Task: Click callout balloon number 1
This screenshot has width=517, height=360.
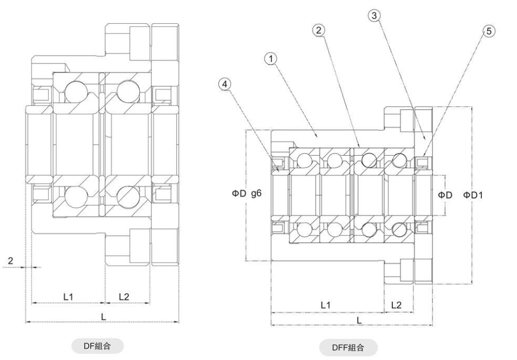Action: tap(271, 59)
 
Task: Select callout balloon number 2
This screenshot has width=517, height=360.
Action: tap(319, 30)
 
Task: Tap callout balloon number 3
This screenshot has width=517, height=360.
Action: tap(374, 15)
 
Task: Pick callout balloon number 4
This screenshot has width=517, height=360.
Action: tap(225, 84)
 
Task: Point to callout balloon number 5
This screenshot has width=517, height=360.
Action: tap(489, 31)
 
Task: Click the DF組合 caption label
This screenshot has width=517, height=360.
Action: tap(97, 346)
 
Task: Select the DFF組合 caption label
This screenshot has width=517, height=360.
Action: tap(348, 347)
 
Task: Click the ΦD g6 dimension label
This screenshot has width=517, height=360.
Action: tap(247, 193)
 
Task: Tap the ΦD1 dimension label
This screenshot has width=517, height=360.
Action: tap(473, 195)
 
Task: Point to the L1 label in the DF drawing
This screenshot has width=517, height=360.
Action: tap(68, 296)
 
